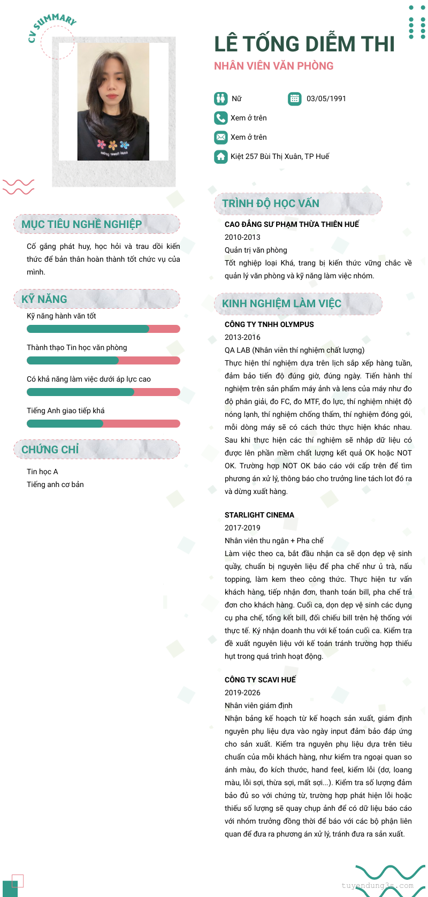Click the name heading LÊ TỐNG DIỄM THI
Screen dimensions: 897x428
[x=304, y=44]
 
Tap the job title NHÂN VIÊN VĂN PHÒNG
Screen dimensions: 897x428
[x=273, y=66]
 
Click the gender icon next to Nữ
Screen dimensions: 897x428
[x=220, y=98]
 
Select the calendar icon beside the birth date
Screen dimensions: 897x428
[x=294, y=98]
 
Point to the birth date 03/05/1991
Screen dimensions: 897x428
[x=326, y=98]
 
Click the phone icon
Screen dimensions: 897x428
[x=220, y=118]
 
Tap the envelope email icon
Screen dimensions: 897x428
[x=220, y=137]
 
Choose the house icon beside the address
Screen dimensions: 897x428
[x=220, y=156]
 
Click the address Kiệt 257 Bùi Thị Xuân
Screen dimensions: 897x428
[x=279, y=156]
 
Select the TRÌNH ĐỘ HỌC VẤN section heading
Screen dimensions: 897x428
[x=270, y=203]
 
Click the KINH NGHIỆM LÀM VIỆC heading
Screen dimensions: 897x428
[x=281, y=303]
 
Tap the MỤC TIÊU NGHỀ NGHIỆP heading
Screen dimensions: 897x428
[x=81, y=224]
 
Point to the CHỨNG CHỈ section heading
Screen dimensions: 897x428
[x=50, y=450]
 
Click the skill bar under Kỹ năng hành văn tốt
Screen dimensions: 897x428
[x=103, y=329]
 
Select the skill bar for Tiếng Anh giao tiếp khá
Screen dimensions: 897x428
[x=103, y=423]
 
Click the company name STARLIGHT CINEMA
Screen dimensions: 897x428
[x=259, y=515]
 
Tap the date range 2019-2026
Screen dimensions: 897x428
[x=242, y=693]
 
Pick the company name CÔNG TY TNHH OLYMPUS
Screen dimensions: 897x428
[x=269, y=324]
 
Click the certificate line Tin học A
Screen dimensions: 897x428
[x=42, y=472]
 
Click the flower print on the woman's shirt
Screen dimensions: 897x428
[x=113, y=145]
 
